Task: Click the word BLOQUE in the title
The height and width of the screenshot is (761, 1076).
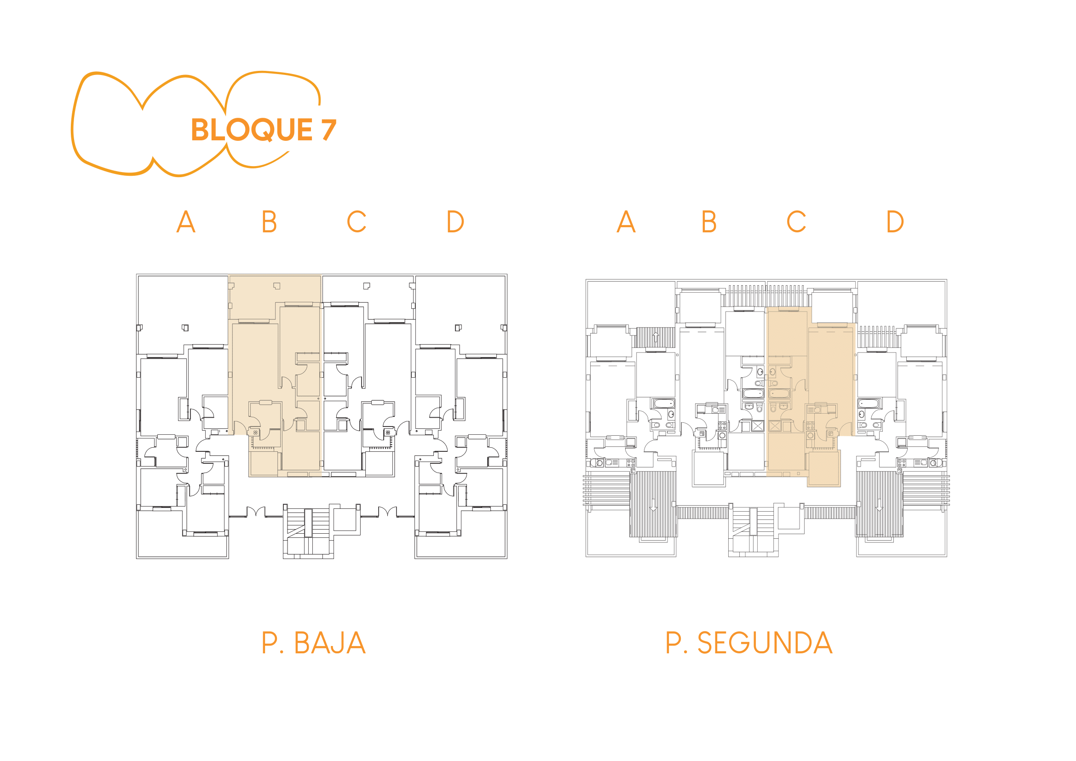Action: pos(252,130)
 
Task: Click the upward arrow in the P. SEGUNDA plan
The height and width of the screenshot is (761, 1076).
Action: pos(656,336)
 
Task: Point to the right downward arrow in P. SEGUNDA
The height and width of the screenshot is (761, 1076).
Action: pos(879,505)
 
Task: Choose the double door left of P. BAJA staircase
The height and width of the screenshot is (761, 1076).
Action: pos(256,512)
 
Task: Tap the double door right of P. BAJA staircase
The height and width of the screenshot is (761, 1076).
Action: pos(387,512)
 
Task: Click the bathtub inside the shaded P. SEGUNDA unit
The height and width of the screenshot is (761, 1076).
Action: pos(779,394)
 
